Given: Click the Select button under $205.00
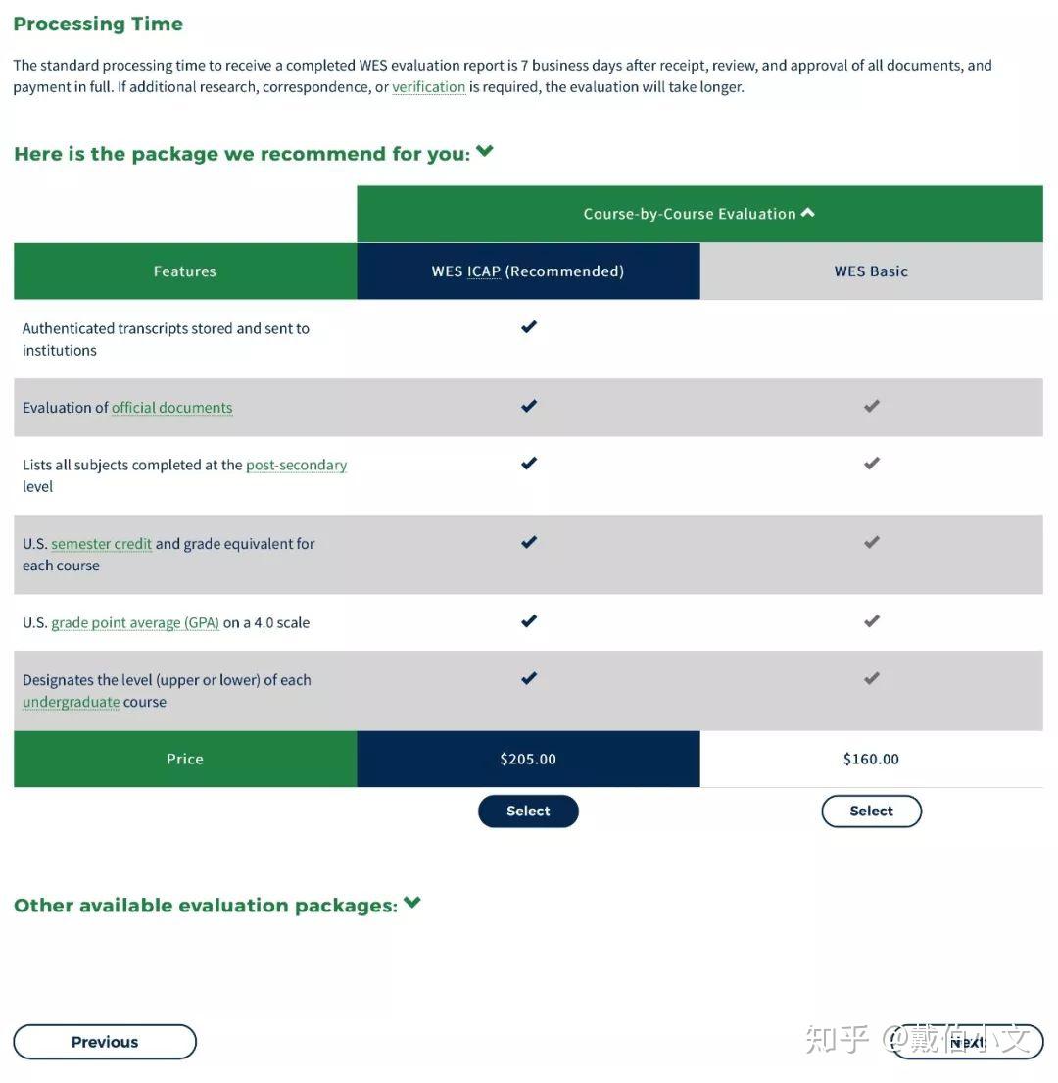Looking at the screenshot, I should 528,812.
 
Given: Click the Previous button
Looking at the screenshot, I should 105,1042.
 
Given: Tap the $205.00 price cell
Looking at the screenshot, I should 528,759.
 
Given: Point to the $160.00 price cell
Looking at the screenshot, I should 871,759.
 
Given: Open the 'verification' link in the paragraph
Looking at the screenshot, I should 428,87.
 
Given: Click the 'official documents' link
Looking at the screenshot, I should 171,408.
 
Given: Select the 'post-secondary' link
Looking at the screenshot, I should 296,465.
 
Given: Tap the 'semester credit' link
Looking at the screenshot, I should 101,544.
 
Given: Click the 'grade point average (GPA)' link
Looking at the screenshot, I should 135,623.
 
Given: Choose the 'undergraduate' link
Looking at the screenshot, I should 71,702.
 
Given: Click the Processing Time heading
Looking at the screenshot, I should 98,24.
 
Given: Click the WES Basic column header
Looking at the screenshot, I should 871,271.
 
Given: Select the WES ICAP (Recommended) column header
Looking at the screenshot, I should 528,271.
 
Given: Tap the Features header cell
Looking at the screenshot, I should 184,271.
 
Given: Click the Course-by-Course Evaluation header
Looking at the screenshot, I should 698,214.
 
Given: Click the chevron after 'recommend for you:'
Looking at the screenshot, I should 485,152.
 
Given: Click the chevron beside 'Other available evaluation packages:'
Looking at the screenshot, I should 412,903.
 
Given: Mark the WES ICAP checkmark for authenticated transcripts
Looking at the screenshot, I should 529,327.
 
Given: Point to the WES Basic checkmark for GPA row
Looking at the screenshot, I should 872,621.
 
